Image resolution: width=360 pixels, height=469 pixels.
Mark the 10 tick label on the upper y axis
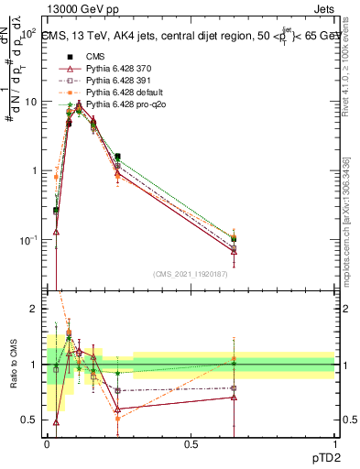(x=30, y=102)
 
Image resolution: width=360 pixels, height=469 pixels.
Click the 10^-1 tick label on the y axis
(x=27, y=240)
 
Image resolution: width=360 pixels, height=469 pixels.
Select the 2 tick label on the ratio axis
(x=34, y=310)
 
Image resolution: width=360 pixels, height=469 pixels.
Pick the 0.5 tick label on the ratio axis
(x=29, y=420)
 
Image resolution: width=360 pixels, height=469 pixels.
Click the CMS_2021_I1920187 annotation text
(x=191, y=272)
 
